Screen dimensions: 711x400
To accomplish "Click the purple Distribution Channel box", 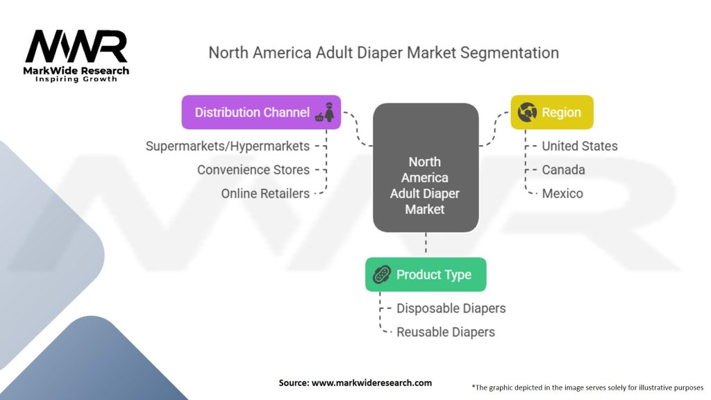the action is coord(261,112).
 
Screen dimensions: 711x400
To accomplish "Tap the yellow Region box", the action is coord(552,112).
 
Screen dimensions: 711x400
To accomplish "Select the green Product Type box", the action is coord(426,274).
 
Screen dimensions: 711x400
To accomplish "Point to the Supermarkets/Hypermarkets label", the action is coord(227,146).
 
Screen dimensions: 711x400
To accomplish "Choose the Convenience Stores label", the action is coord(253,169).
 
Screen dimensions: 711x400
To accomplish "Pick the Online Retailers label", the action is coord(265,193).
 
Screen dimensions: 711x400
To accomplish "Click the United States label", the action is coord(579,146).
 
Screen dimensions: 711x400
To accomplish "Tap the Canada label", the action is coord(563,169).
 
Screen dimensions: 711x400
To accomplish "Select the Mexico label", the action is coord(562,193).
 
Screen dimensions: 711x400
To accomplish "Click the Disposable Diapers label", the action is coord(451,308).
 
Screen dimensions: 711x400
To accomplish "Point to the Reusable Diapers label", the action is coord(445,332).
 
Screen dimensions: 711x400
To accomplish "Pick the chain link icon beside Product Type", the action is coord(382,274).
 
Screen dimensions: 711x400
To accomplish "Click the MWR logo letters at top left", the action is coord(76,47).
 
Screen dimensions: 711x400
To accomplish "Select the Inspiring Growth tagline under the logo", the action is coord(76,79).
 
